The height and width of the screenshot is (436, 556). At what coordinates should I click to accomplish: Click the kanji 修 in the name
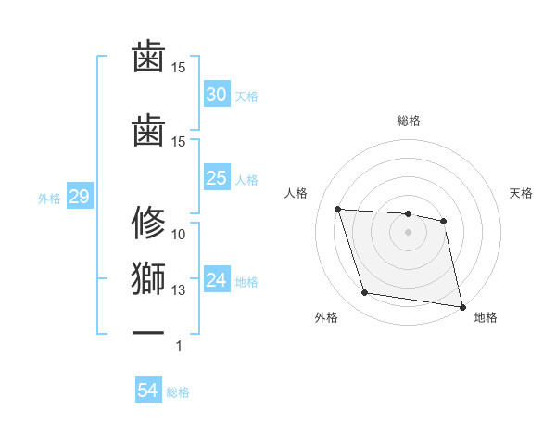point(148,223)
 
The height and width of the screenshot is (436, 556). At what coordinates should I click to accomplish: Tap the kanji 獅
point(148,278)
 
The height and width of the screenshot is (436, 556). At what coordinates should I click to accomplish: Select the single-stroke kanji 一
point(148,332)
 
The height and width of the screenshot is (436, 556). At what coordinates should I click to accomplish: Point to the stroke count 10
point(179,235)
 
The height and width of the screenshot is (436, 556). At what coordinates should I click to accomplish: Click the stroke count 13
point(179,290)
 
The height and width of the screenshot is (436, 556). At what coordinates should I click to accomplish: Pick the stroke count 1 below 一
point(179,346)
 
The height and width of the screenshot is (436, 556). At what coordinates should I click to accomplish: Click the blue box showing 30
point(216,95)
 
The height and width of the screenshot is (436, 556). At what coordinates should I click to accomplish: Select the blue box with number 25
point(216,178)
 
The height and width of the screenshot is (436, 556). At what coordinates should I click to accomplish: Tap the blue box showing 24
point(216,280)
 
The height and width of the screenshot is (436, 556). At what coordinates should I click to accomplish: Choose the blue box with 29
point(78,197)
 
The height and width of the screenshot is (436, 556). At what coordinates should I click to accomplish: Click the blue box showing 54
point(147,391)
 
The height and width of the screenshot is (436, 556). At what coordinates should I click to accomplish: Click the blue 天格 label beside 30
point(246,96)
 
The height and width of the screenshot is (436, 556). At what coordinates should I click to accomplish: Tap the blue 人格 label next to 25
point(246,179)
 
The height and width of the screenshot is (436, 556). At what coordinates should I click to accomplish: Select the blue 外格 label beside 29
point(49,198)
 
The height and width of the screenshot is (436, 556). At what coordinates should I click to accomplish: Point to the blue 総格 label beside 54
point(178,392)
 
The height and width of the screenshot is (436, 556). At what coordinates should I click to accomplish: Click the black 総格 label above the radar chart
point(408,121)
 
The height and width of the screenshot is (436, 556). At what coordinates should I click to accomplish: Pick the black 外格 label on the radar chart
point(326,317)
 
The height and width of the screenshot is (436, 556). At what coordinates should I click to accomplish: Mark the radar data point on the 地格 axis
point(461,305)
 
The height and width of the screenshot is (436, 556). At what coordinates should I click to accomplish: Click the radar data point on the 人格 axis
point(338,210)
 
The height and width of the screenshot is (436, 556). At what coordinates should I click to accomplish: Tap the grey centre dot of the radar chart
point(408,232)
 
